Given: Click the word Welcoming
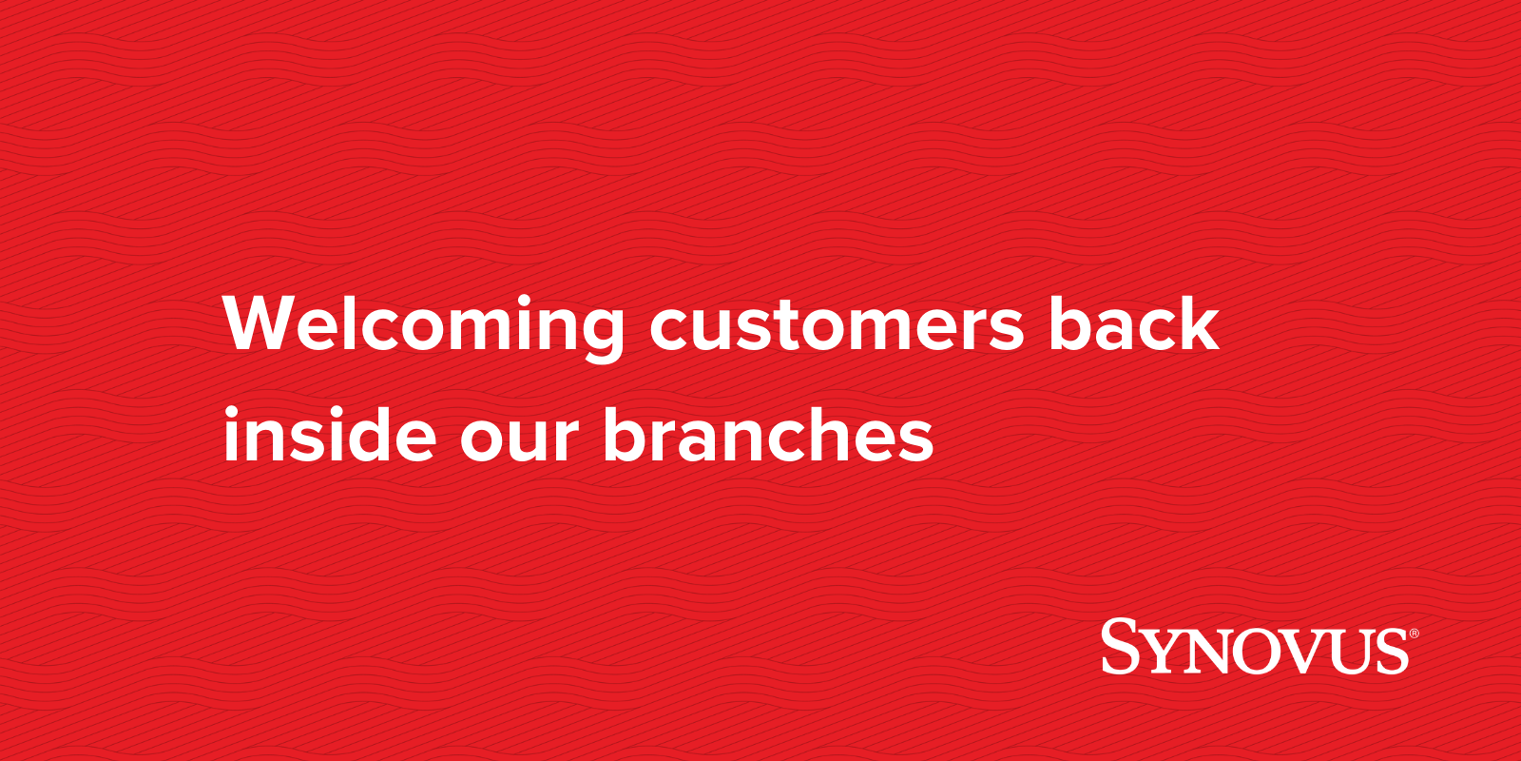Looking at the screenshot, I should pyautogui.click(x=423, y=325).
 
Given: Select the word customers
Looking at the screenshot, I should pyautogui.click(x=837, y=325).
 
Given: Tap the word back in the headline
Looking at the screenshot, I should pyautogui.click(x=1133, y=325).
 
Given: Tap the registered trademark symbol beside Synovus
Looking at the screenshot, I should pyautogui.click(x=1414, y=633).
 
